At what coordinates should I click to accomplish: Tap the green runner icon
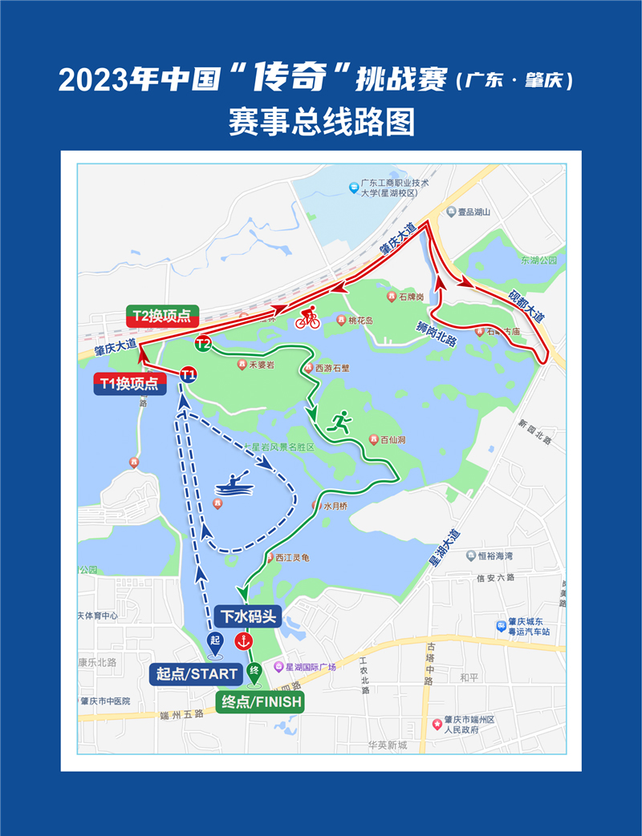pos(339,422)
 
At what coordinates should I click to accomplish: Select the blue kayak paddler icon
pos(233,485)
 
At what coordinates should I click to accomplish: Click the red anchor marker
pos(242,641)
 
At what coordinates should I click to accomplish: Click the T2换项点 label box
pos(162,316)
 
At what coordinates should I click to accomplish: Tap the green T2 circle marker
pos(203,345)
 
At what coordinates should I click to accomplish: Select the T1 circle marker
pos(189,374)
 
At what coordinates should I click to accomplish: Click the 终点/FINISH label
pos(262,703)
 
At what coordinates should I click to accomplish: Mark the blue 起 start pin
pos(214,642)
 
